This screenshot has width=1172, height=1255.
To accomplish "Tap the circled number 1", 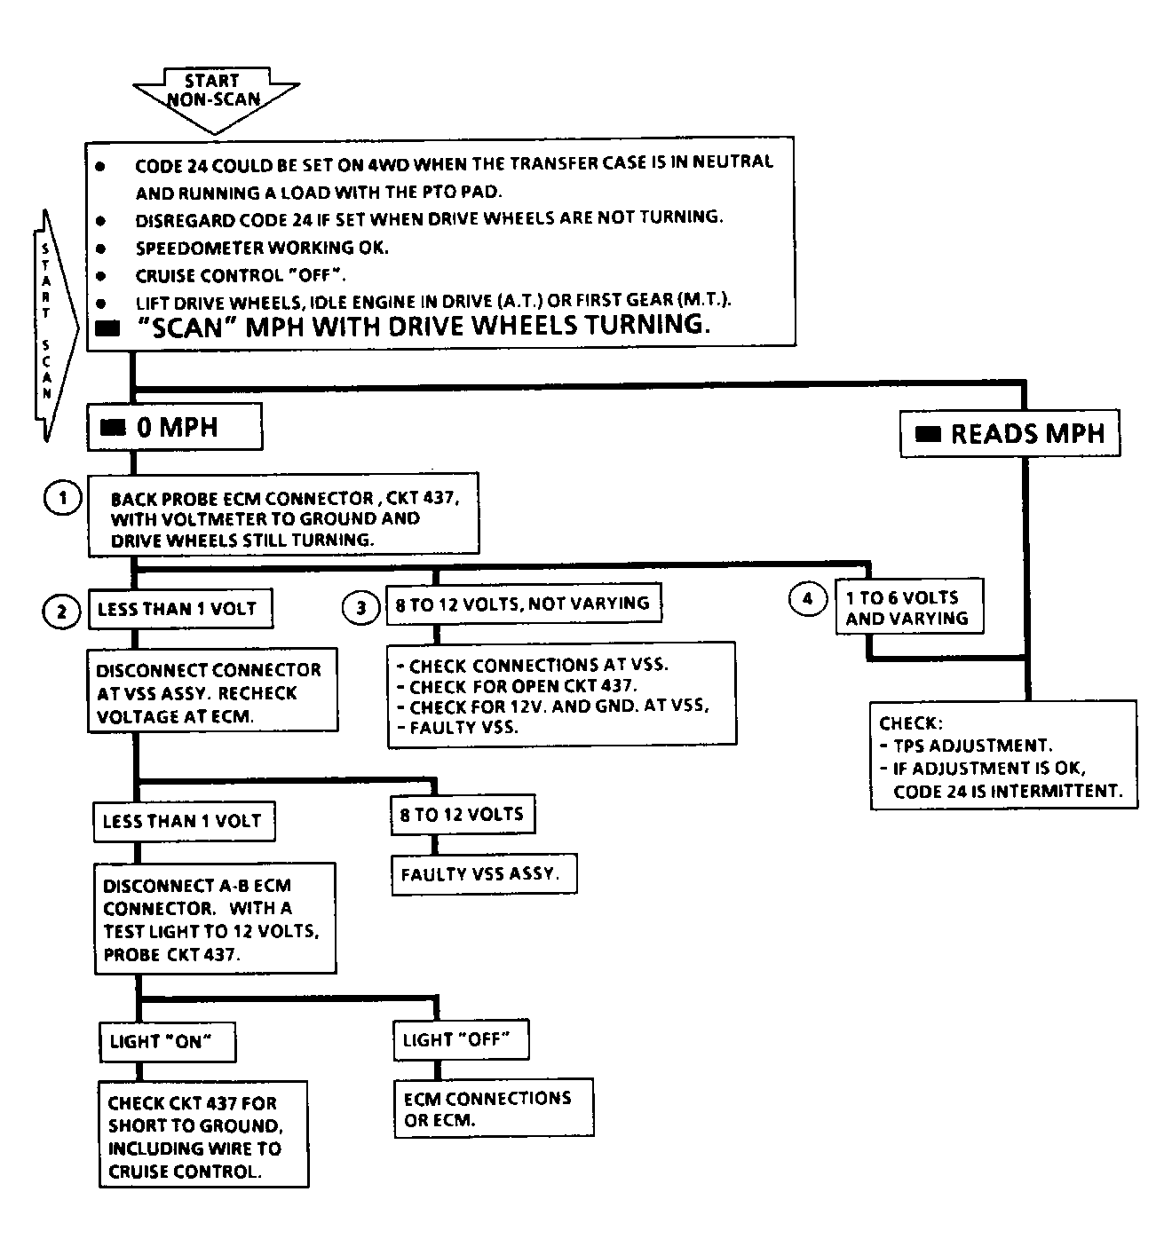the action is (62, 498).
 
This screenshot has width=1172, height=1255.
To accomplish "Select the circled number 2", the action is (61, 612).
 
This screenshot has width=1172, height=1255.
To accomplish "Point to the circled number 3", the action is (361, 608).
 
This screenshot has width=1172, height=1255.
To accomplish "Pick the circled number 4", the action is (807, 598).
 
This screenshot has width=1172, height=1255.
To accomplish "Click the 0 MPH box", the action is (175, 427).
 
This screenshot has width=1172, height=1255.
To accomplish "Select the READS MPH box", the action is (1010, 433).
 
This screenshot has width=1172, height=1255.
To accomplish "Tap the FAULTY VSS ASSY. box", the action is (484, 874).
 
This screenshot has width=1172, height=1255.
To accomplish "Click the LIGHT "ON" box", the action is (168, 1042).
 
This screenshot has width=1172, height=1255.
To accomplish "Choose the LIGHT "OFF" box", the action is (461, 1039).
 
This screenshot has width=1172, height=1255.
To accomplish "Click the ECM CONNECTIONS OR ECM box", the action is (494, 1109).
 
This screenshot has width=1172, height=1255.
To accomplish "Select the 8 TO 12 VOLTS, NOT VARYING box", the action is (524, 604).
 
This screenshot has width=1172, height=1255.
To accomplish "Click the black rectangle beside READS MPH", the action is (927, 434).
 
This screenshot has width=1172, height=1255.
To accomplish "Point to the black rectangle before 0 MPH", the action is (113, 428).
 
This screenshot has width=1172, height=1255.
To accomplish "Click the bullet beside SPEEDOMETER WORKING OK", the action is (100, 249).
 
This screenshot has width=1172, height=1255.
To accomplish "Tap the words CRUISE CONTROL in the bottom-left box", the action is (184, 1172).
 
